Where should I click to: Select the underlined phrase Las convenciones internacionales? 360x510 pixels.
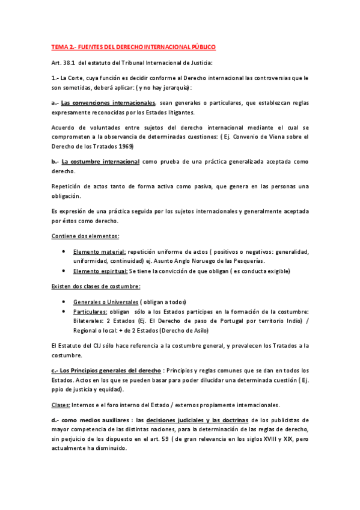(108, 103)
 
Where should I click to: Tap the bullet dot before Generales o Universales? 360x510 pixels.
(64, 301)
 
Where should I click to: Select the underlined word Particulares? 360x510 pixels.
(90, 311)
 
